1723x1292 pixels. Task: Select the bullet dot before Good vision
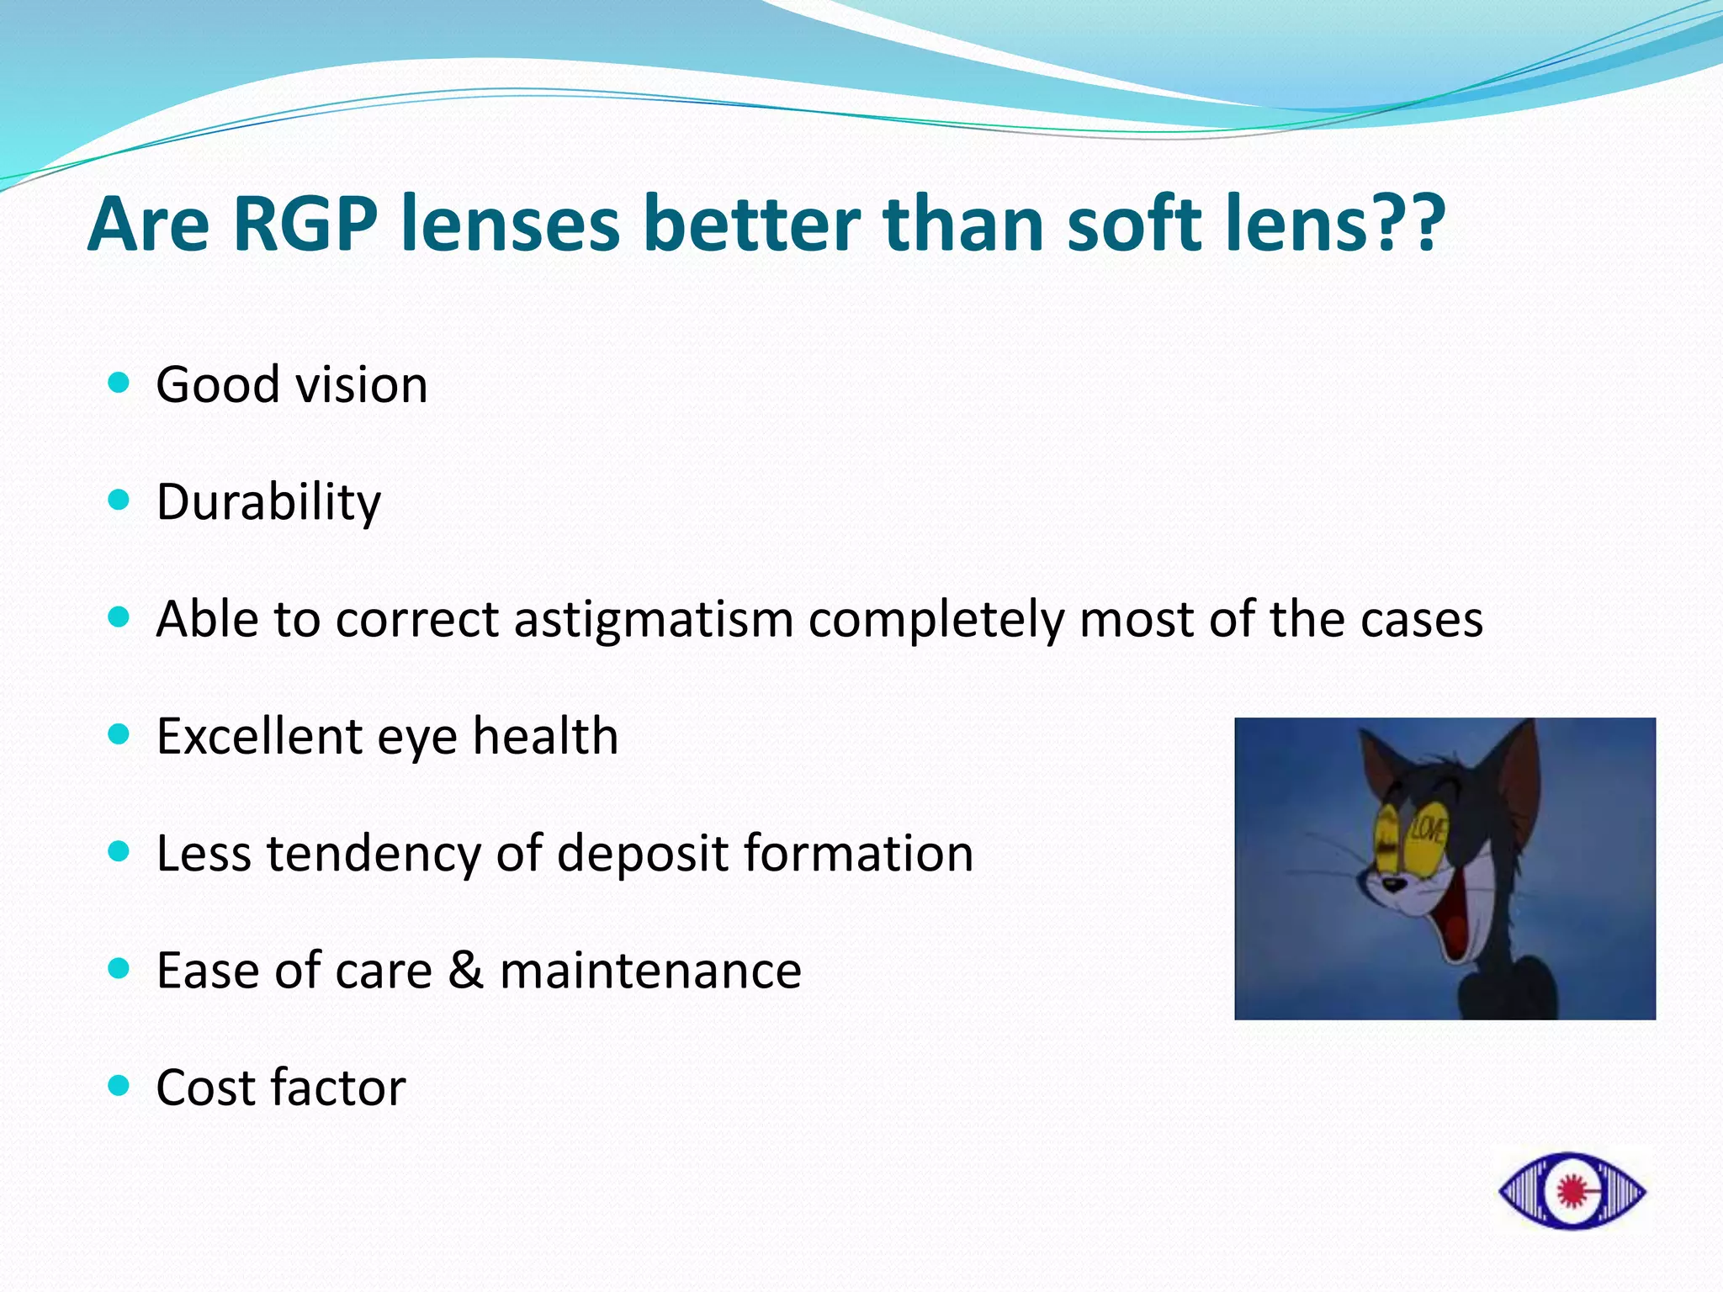[119, 384]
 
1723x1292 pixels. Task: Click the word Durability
[268, 502]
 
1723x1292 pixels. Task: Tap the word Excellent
[259, 736]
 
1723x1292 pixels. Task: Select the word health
[545, 736]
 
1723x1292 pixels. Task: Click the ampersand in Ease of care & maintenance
[465, 971]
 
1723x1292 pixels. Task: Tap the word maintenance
[650, 971]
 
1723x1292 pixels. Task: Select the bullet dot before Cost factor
[119, 1086]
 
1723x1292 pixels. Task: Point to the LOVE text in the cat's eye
[1427, 829]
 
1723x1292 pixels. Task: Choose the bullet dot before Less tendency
[119, 851]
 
